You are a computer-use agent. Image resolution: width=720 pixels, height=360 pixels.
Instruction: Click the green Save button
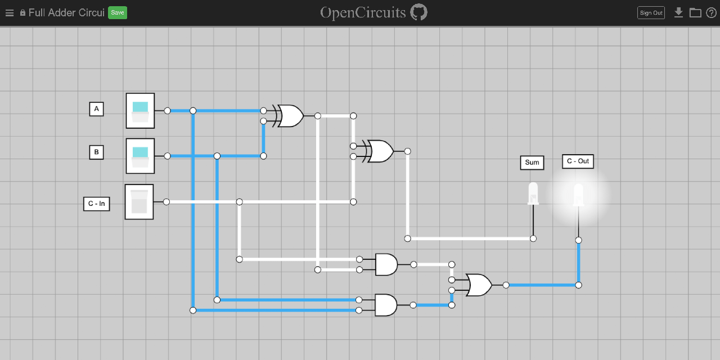pyautogui.click(x=117, y=12)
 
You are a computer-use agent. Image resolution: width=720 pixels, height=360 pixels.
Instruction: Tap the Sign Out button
pyautogui.click(x=651, y=12)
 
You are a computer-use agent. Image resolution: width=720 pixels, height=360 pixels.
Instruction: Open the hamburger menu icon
pyautogui.click(x=9, y=12)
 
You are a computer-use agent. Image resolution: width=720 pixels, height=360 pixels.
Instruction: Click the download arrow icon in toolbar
pyautogui.click(x=678, y=12)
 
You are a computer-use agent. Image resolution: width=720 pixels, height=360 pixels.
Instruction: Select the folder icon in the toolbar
pyautogui.click(x=695, y=12)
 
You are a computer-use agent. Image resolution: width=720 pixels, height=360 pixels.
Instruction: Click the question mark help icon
pyautogui.click(x=711, y=12)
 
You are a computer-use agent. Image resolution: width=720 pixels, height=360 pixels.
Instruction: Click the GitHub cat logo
pyautogui.click(x=418, y=12)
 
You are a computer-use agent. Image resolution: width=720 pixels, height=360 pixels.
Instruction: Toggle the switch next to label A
pyautogui.click(x=140, y=111)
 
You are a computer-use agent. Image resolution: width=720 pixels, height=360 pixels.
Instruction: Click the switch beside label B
pyautogui.click(x=140, y=156)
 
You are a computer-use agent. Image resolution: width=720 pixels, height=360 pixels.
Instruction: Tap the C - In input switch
pyautogui.click(x=139, y=201)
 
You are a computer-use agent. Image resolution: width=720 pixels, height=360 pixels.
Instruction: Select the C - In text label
pyautogui.click(x=96, y=204)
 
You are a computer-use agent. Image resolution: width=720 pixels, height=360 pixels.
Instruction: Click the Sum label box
pyautogui.click(x=532, y=163)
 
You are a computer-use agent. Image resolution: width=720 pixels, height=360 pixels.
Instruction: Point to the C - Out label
pyautogui.click(x=578, y=161)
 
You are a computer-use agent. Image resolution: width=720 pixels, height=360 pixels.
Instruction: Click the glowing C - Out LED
pyautogui.click(x=578, y=195)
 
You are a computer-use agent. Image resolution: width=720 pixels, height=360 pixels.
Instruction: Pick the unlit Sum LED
pyautogui.click(x=533, y=193)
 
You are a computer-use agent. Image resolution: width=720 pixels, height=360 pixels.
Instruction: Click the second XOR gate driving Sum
pyautogui.click(x=380, y=151)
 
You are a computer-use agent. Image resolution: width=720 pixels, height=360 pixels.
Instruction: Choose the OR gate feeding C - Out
pyautogui.click(x=479, y=285)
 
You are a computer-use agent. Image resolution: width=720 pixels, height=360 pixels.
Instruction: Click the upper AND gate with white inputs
pyautogui.click(x=386, y=264)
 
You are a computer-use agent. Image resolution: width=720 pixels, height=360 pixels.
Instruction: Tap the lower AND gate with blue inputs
pyautogui.click(x=385, y=305)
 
